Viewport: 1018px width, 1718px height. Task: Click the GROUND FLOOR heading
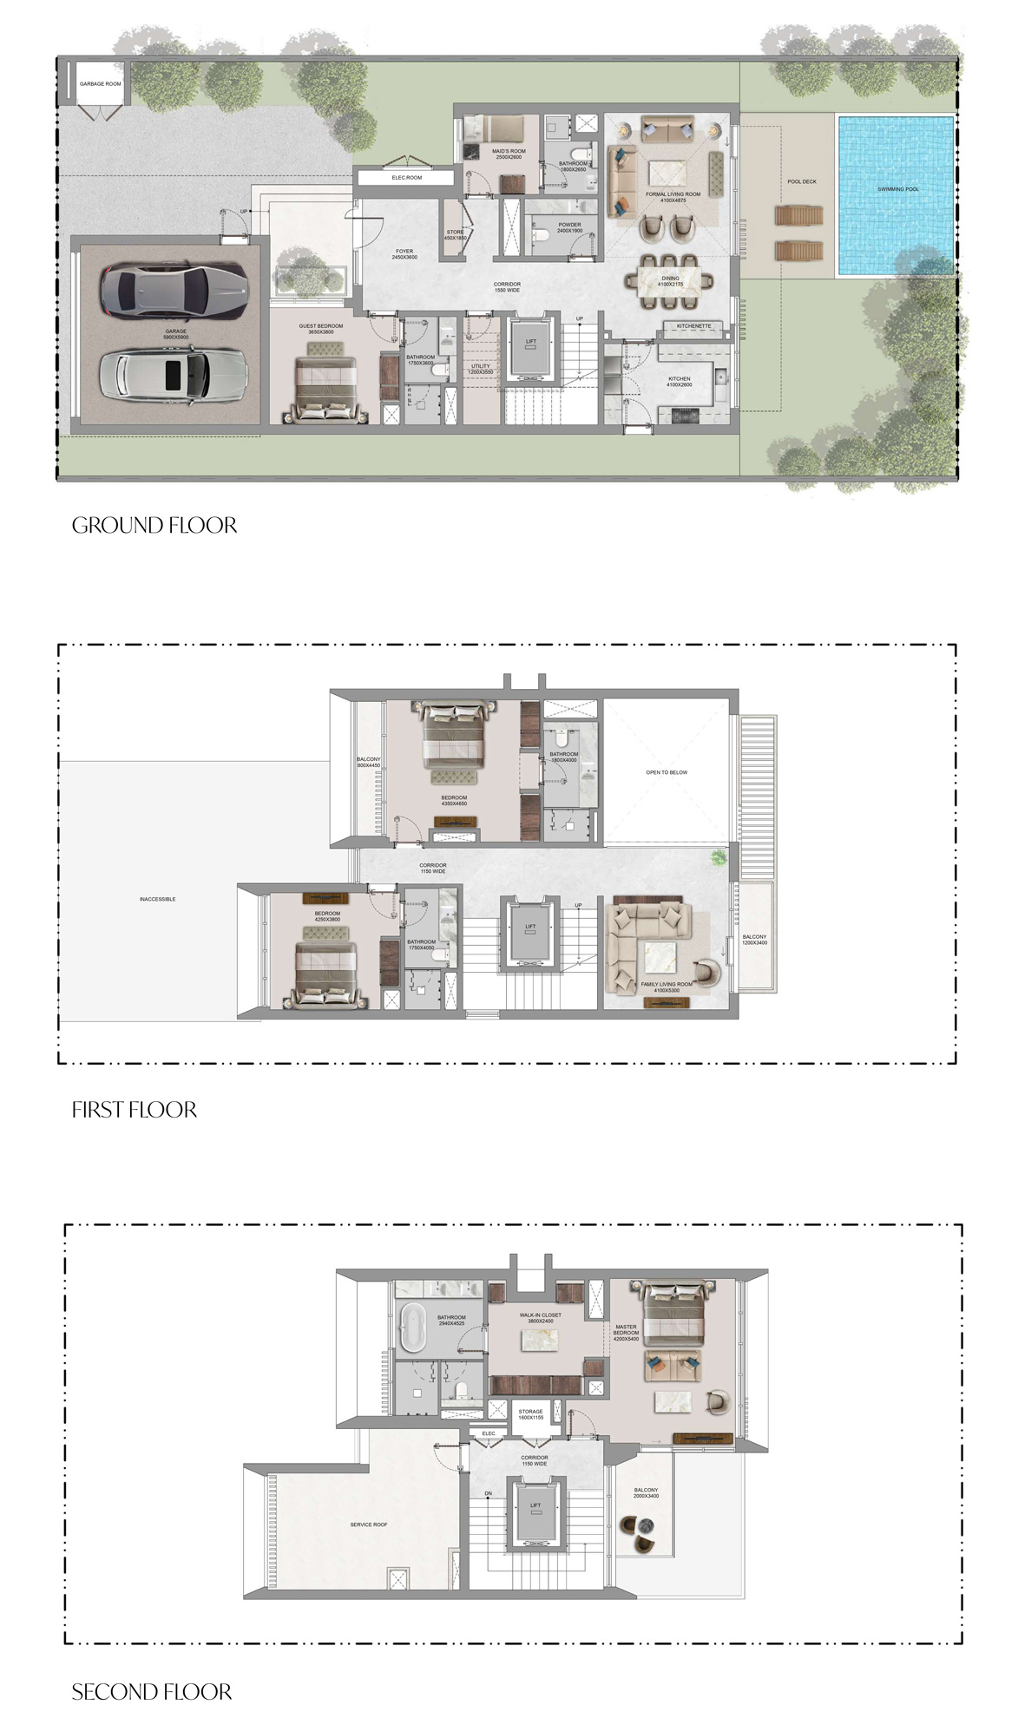point(154,525)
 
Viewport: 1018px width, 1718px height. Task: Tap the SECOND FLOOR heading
point(152,1691)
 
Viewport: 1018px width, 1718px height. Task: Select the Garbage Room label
point(101,84)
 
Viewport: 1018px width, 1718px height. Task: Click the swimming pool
point(896,195)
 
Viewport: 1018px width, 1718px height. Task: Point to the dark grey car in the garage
point(173,290)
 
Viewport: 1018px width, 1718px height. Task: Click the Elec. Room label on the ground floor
point(406,178)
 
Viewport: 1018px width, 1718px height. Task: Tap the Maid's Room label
point(509,154)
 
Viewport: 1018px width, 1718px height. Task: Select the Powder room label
point(569,227)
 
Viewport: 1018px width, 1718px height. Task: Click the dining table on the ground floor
point(670,280)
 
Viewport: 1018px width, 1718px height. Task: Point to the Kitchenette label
point(693,326)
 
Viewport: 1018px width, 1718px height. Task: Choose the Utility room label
point(481,369)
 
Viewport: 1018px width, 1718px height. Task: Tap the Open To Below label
point(667,772)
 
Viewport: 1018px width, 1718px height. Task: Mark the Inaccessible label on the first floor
point(157,899)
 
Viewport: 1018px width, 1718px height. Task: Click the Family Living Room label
point(667,987)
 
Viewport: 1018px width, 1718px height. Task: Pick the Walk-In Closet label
point(540,1317)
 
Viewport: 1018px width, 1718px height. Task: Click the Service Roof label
point(369,1524)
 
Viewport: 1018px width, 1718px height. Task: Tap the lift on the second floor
point(535,1510)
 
